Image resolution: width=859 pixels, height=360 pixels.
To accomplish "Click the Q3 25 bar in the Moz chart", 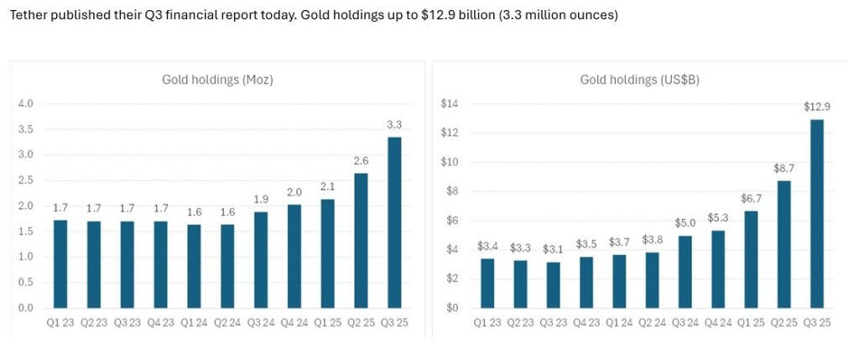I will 394,222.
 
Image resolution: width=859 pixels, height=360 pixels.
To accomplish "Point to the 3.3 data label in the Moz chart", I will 394,124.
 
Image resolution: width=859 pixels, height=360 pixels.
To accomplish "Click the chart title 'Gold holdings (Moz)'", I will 218,81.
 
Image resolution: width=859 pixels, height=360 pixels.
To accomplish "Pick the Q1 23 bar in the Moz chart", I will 60,264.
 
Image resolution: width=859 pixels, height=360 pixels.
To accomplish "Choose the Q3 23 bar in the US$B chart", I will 554,285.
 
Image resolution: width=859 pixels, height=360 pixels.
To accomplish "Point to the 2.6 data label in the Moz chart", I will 361,160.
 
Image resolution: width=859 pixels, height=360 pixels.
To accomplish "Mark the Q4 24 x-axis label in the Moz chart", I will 294,323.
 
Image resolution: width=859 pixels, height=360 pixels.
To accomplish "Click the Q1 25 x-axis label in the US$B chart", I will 752,323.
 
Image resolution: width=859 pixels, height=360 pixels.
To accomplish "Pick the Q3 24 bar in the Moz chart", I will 261,260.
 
